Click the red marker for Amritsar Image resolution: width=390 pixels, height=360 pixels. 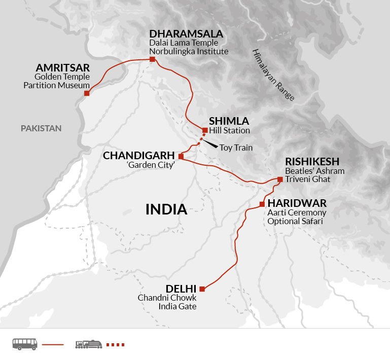pyautogui.click(x=87, y=93)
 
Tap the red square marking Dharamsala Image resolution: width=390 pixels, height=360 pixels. pyautogui.click(x=152, y=59)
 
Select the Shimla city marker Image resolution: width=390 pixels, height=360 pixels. pyautogui.click(x=205, y=130)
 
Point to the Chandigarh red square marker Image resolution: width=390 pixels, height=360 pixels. pyautogui.click(x=181, y=156)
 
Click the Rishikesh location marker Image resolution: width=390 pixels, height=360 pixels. pyautogui.click(x=280, y=179)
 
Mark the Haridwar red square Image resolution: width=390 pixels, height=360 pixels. pyautogui.click(x=262, y=204)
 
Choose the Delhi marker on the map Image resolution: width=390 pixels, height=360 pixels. pyautogui.click(x=202, y=289)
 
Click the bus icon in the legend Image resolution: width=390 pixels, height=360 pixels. pyautogui.click(x=25, y=344)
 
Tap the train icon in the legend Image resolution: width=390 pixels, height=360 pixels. pyautogui.click(x=88, y=344)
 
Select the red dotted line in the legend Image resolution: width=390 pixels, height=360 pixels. pyautogui.click(x=115, y=345)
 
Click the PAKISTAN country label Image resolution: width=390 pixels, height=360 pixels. pyautogui.click(x=41, y=128)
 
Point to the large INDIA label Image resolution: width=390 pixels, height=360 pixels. pyautogui.click(x=166, y=209)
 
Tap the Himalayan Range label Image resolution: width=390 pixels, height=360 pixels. pyautogui.click(x=273, y=75)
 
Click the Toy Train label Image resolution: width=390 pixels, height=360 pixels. pyautogui.click(x=236, y=148)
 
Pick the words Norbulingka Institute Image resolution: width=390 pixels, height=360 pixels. pyautogui.click(x=189, y=51)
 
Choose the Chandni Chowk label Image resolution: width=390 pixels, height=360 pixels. pyautogui.click(x=167, y=298)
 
